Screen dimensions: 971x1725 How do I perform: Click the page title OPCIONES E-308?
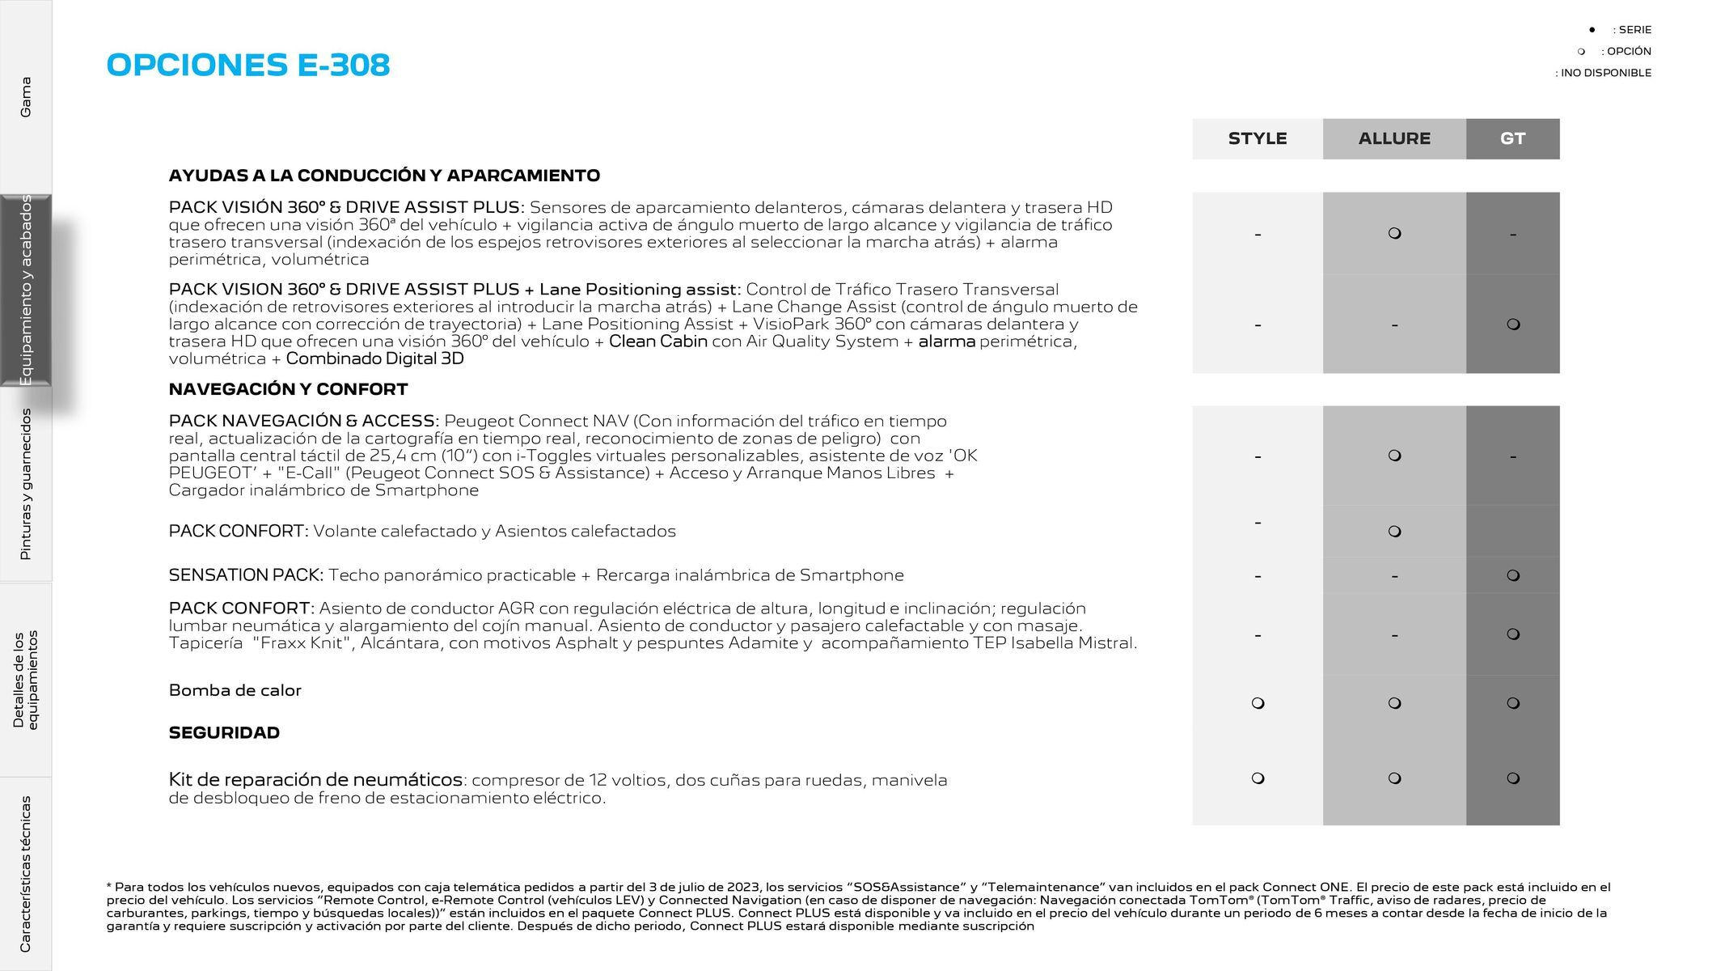247,65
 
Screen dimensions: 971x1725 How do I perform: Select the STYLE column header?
1257,138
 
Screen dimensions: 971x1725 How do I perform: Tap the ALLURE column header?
1393,138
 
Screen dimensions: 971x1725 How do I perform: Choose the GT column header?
1511,138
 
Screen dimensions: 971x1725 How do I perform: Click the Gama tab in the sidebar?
26,97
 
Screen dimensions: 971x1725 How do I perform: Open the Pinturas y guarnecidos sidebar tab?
26,484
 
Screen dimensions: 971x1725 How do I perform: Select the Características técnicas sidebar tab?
26,874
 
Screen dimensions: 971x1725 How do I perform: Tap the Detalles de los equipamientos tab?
26,680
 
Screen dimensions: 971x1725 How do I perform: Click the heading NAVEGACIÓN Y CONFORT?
288,389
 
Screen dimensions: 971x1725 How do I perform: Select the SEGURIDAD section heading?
224,733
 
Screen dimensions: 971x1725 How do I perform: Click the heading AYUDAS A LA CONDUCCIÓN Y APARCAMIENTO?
384,176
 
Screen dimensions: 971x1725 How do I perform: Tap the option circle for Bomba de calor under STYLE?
1258,703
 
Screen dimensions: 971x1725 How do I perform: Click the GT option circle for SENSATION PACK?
1513,575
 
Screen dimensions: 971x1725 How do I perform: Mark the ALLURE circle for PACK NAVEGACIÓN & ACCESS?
1394,456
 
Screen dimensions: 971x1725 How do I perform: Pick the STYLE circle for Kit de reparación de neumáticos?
1258,778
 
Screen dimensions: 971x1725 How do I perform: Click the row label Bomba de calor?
235,690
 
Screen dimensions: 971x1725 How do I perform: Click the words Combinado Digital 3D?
374,358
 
